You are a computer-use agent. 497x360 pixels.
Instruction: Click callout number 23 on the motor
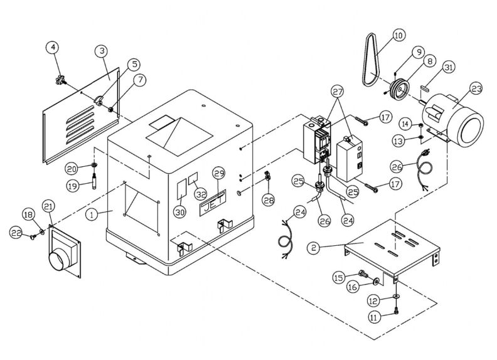click(476, 89)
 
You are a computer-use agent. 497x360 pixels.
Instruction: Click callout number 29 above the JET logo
click(218, 173)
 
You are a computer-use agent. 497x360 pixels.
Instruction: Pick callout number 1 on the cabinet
click(92, 214)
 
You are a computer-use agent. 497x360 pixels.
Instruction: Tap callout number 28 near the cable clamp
click(269, 200)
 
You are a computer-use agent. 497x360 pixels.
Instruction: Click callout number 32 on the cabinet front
click(201, 193)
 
